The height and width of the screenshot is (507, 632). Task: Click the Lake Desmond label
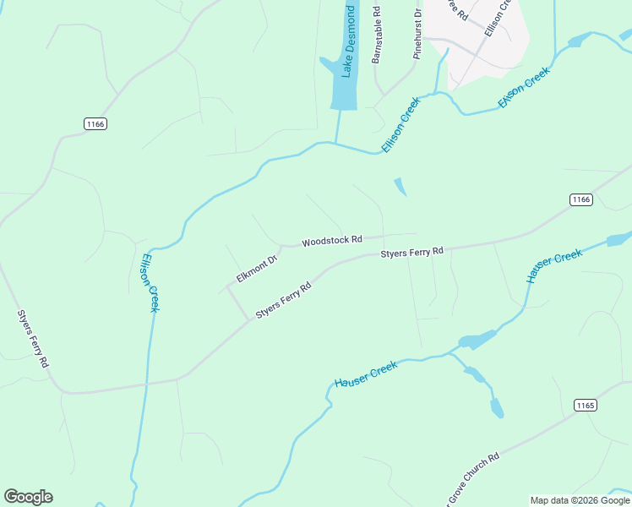point(347,42)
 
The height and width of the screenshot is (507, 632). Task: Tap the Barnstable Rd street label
point(377,35)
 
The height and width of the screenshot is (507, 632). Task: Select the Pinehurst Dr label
point(417,34)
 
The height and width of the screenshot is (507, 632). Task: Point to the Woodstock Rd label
point(332,240)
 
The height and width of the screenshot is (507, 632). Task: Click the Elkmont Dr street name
point(257,270)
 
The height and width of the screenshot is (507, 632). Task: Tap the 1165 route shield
point(585,405)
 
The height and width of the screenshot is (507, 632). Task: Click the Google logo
point(28,497)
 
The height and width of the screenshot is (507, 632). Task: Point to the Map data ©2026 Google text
point(580,500)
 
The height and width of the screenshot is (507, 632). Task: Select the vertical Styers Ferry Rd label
point(33,338)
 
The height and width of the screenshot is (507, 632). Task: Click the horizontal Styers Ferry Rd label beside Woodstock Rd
point(411,252)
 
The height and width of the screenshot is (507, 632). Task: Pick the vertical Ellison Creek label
point(150,283)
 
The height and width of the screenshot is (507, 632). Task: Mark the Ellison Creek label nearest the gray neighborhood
point(524,87)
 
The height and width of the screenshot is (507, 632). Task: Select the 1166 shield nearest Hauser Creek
point(580,199)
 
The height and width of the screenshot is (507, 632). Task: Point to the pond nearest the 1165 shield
point(497,408)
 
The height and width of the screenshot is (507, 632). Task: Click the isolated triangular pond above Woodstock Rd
point(400,187)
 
